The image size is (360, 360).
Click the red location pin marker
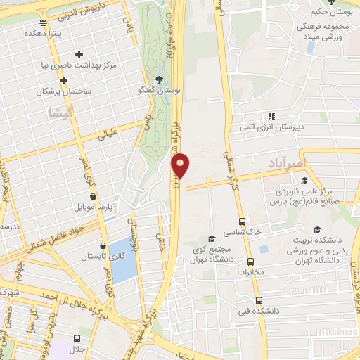(x=181, y=166)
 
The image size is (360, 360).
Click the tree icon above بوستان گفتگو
(x=159, y=79)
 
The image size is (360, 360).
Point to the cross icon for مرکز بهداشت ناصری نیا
(x=79, y=54)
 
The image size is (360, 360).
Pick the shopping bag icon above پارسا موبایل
(x=93, y=198)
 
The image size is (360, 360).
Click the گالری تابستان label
(x=83, y=257)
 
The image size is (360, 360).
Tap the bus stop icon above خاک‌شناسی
(x=242, y=220)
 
